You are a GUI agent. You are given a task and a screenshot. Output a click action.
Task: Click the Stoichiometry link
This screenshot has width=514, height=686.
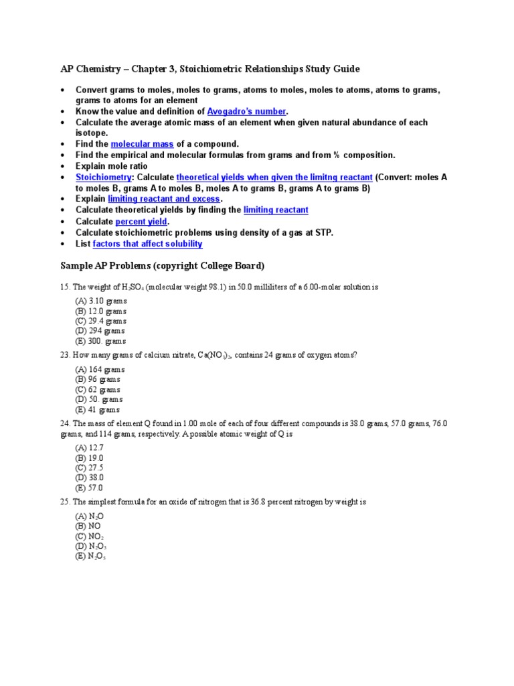click(104, 177)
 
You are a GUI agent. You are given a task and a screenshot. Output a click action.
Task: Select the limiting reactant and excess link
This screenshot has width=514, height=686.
click(164, 199)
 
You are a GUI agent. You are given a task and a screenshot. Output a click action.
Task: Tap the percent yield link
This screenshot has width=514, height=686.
click(142, 221)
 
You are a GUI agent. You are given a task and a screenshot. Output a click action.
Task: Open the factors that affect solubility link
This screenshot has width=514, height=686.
click(147, 244)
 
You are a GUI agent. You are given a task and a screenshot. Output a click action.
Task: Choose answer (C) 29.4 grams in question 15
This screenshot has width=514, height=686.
click(100, 321)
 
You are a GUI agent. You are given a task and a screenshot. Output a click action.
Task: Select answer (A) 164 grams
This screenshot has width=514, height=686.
click(100, 369)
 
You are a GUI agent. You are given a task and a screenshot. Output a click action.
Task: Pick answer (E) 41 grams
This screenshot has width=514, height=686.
click(98, 409)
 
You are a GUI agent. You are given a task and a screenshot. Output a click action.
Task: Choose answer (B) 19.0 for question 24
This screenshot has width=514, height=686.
click(89, 458)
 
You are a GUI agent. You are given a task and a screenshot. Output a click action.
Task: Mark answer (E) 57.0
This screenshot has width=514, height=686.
click(89, 488)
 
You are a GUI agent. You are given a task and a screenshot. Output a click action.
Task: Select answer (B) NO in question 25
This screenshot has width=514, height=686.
click(88, 527)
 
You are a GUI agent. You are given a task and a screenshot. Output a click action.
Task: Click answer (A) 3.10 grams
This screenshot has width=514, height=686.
click(100, 301)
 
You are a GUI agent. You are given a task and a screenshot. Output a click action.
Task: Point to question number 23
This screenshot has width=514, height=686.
click(65, 355)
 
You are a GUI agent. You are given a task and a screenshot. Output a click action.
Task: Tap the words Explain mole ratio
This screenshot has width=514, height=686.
click(112, 166)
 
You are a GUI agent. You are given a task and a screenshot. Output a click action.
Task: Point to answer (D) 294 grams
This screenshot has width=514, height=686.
click(100, 331)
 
